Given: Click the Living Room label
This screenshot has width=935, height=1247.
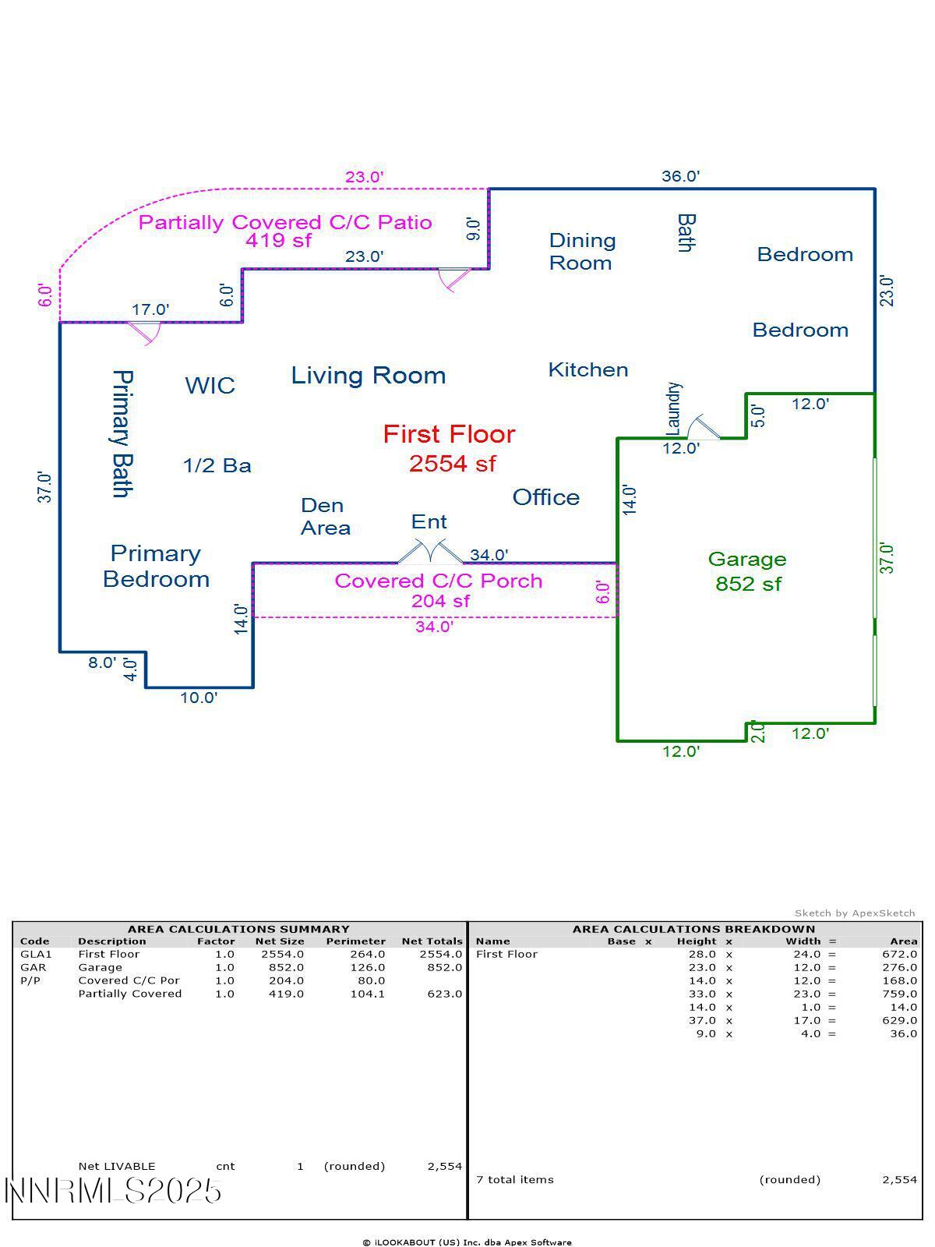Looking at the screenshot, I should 369,376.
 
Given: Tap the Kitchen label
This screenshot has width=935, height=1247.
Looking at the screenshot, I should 588,369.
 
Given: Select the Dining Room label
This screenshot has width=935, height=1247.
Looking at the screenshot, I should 582,252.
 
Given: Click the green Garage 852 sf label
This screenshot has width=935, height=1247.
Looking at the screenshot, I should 747,571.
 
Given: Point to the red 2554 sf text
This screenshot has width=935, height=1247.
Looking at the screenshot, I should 452,464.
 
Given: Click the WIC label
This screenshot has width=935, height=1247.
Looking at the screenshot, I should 210,385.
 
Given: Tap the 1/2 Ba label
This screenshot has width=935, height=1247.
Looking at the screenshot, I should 217,466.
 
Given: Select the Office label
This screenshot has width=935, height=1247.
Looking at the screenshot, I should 545,497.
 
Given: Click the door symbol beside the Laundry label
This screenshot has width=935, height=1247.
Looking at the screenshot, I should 704,428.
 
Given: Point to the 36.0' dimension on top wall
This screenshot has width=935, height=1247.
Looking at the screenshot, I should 680,176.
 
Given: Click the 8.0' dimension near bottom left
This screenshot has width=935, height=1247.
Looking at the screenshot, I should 101,662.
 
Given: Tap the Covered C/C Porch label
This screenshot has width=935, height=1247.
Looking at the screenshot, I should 438,581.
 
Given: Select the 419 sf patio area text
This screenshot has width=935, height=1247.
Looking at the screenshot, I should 278,241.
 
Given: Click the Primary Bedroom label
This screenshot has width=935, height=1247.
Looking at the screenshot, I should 156,566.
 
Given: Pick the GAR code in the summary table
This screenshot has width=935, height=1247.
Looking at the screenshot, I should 33,967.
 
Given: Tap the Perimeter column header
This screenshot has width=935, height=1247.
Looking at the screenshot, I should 355,941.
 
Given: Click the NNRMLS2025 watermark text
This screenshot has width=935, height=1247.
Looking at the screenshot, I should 114,1191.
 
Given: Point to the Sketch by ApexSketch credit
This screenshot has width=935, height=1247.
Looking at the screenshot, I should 855,913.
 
